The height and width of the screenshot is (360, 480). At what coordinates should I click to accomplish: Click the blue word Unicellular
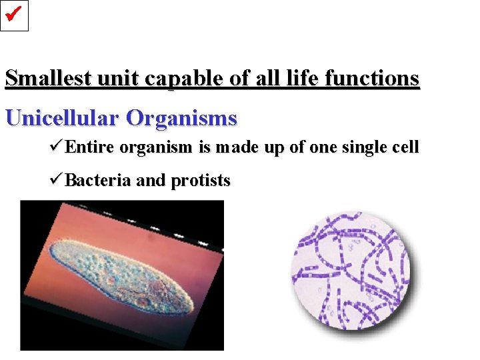62,118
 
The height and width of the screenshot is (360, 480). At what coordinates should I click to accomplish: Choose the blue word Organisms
181,119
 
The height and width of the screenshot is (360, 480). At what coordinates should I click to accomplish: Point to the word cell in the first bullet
406,147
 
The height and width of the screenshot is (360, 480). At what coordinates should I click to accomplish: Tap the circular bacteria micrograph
351,271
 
